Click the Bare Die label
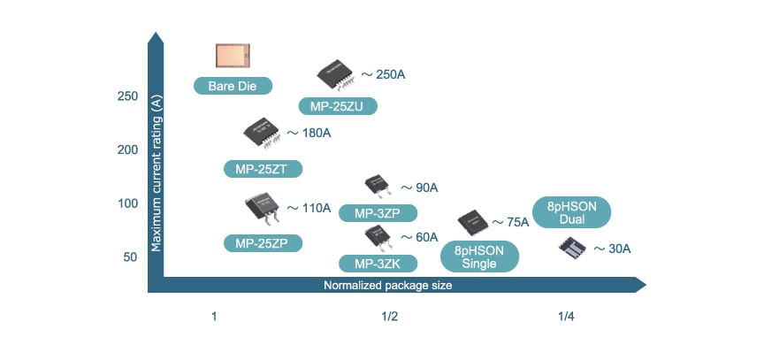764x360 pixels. (x=232, y=86)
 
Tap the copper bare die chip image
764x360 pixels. (x=233, y=56)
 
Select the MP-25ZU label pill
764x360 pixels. (x=338, y=106)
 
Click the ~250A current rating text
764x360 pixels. (x=383, y=74)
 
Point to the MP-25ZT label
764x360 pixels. (x=263, y=167)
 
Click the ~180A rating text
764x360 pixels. (x=309, y=134)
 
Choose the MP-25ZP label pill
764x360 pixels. (x=263, y=242)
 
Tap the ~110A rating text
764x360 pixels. (x=309, y=209)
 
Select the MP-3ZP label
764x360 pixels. (x=378, y=213)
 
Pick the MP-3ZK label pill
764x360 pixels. (x=378, y=263)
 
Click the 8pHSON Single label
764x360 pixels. (x=480, y=257)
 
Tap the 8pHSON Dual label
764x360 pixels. (x=573, y=212)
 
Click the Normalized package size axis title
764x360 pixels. (x=388, y=285)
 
